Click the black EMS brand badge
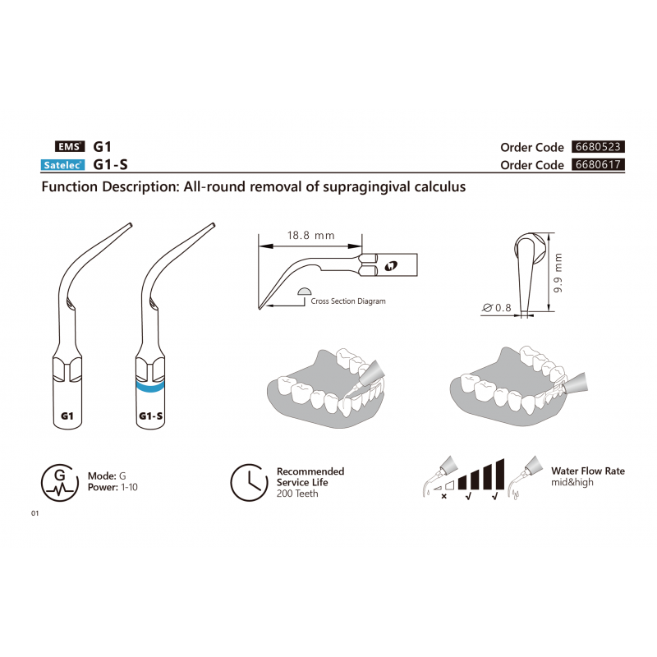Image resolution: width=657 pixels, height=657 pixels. click(x=70, y=146)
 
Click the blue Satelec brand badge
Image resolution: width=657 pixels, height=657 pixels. click(x=62, y=165)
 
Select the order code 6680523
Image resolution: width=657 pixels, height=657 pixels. click(x=598, y=147)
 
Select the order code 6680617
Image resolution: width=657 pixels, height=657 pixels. click(x=598, y=164)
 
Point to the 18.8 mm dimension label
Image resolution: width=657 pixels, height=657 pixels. click(x=311, y=236)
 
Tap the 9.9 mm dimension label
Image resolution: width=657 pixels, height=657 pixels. click(x=558, y=273)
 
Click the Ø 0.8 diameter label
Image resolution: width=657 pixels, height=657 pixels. click(x=497, y=308)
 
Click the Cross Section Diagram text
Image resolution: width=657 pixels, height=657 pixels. click(x=348, y=301)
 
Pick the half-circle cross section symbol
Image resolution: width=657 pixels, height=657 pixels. click(x=305, y=292)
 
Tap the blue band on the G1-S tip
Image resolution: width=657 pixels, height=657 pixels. click(x=150, y=387)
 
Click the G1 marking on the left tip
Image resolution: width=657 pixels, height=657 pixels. click(x=67, y=416)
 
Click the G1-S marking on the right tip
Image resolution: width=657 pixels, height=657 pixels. click(x=151, y=416)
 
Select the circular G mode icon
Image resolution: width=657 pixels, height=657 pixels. click(x=60, y=483)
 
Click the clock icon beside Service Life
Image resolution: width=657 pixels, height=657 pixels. click(x=250, y=483)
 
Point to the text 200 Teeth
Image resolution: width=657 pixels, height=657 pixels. click(x=297, y=494)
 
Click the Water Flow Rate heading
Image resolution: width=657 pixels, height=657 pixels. click(x=588, y=471)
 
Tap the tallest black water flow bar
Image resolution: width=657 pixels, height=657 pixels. click(x=500, y=475)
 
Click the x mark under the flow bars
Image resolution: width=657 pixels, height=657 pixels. click(x=443, y=497)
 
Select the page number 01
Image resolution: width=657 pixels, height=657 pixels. click(x=34, y=513)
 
